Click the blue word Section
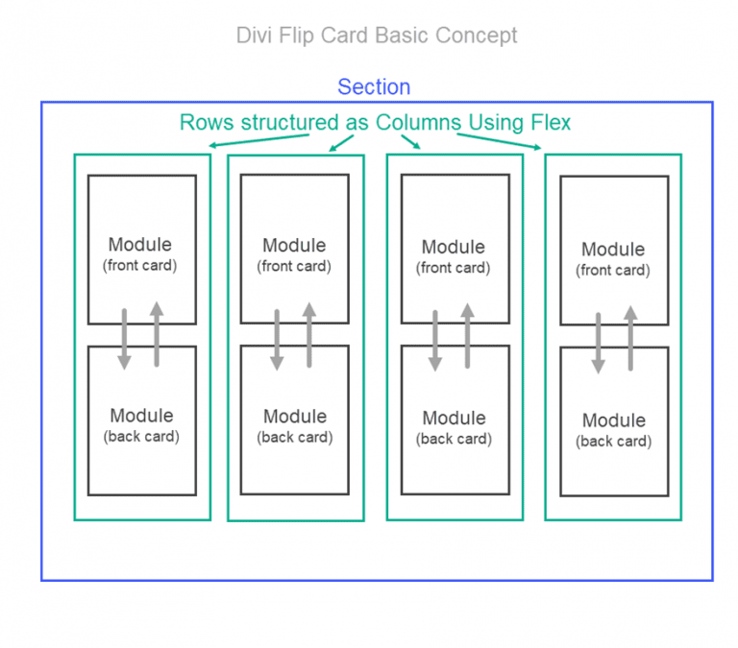[374, 87]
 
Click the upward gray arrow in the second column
[308, 335]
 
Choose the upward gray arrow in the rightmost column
[630, 338]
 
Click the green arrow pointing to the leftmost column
[259, 141]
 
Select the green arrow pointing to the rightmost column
[499, 141]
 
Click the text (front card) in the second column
[295, 267]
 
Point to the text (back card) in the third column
[454, 439]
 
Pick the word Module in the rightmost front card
[613, 250]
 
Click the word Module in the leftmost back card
[141, 416]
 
